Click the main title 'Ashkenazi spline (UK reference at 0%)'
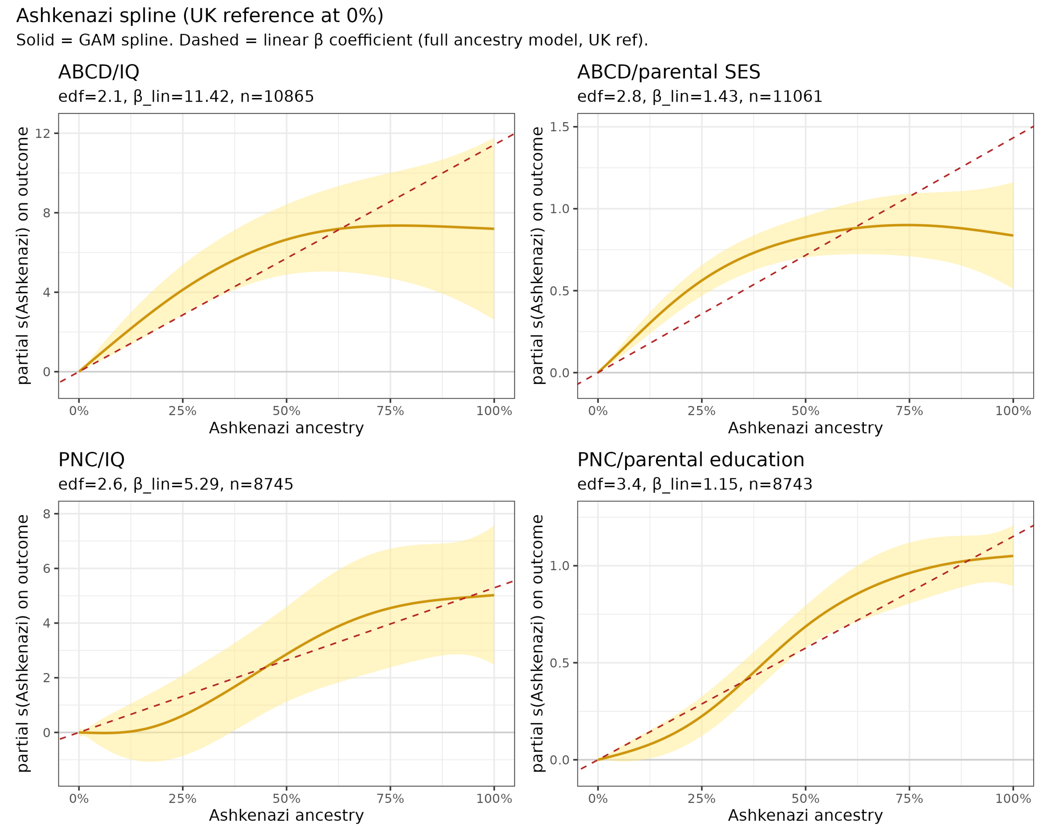click(x=200, y=16)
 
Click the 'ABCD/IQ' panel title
click(x=99, y=72)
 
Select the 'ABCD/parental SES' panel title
click(x=668, y=72)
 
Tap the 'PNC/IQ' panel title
click(x=91, y=460)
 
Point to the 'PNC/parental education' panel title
click(x=691, y=460)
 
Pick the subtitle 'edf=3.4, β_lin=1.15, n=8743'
click(x=695, y=484)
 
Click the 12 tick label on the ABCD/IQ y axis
click(x=43, y=133)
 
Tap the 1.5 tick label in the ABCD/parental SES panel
click(x=559, y=127)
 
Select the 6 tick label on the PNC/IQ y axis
click(x=47, y=568)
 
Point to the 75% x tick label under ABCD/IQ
click(x=390, y=411)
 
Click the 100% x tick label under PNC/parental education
click(x=1013, y=799)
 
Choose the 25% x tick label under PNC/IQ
click(x=183, y=799)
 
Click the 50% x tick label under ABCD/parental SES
click(x=806, y=411)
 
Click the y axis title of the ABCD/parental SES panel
click(x=537, y=256)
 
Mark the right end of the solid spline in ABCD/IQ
click(x=494, y=229)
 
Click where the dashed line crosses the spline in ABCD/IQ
click(x=341, y=228)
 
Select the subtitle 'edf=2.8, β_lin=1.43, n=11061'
click(x=700, y=97)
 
